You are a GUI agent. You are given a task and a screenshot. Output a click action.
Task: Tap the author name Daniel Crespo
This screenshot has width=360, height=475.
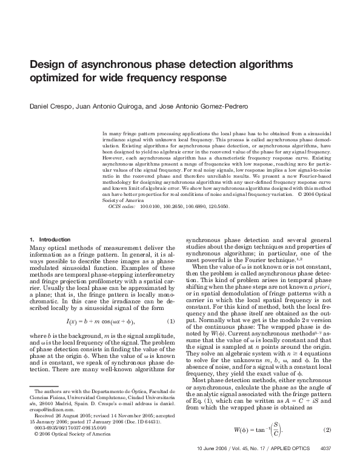(x=49, y=107)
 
